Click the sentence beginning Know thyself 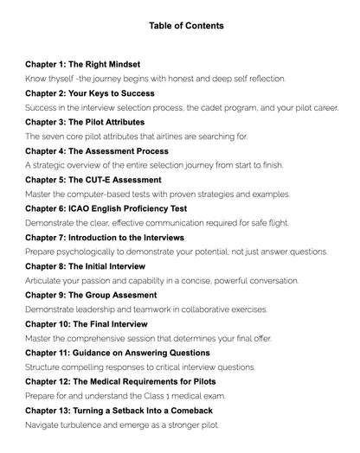click(156, 78)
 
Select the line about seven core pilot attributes click(137, 136)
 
